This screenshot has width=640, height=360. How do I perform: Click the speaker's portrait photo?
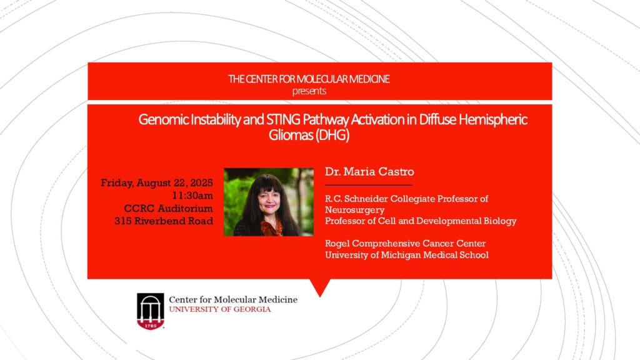(269, 202)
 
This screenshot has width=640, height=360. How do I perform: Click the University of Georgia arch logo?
(151, 311)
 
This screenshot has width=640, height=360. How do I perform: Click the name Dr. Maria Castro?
(369, 171)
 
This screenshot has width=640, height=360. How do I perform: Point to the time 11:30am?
(192, 196)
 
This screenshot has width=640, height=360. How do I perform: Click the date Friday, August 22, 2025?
(157, 183)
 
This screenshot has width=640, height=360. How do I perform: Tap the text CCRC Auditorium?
(168, 208)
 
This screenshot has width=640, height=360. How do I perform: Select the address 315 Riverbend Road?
(164, 221)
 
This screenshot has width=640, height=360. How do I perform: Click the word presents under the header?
(309, 91)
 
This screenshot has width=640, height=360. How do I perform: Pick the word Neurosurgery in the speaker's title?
(355, 210)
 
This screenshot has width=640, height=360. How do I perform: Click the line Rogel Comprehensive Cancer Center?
(405, 243)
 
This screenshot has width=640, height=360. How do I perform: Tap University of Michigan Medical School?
(406, 255)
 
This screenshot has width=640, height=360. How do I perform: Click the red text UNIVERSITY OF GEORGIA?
(220, 309)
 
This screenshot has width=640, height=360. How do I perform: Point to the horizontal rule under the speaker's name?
(368, 185)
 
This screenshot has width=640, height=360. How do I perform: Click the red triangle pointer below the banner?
(320, 287)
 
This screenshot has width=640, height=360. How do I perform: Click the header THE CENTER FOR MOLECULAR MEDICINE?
(309, 79)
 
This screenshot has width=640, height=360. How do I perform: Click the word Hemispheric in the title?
(493, 119)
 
